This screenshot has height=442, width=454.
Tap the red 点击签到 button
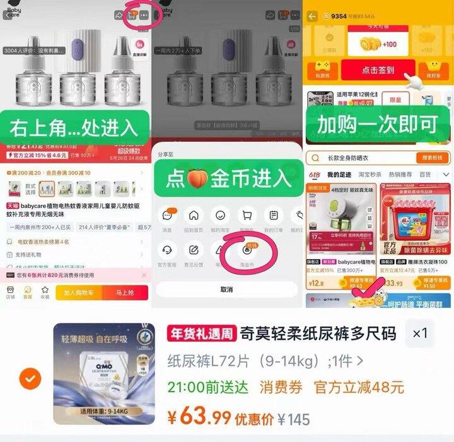[x=378, y=71]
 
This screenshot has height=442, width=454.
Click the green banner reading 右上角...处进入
[x=74, y=127]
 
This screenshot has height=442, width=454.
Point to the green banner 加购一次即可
[x=377, y=124]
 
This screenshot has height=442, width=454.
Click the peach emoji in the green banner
[x=196, y=179]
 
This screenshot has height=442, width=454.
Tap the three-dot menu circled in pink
[x=146, y=15]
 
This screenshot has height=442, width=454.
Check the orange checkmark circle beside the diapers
[x=30, y=379]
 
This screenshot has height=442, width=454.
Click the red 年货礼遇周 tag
[x=201, y=334]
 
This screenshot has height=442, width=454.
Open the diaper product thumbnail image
[x=104, y=374]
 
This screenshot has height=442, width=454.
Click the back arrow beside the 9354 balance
[x=312, y=16]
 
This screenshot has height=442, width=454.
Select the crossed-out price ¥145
[x=293, y=419]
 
